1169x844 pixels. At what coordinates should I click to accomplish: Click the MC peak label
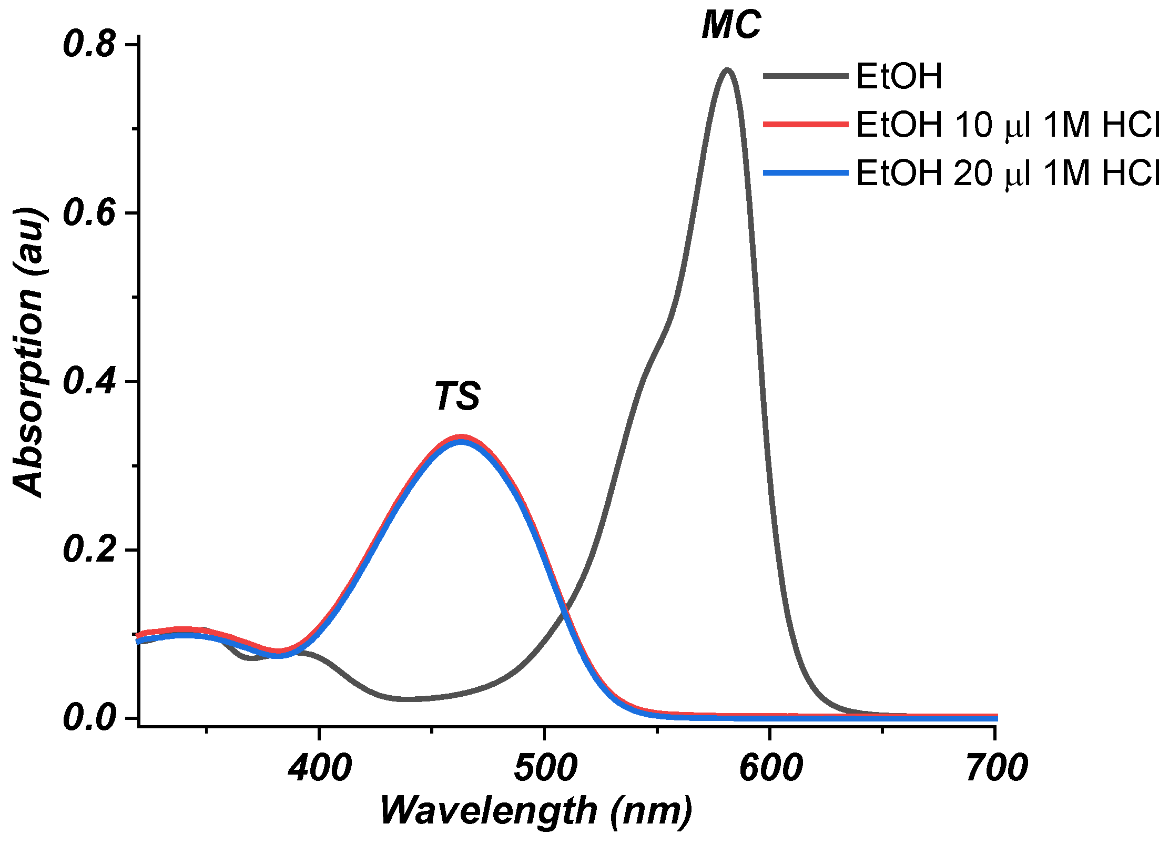731,25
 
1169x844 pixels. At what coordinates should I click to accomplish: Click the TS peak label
456,396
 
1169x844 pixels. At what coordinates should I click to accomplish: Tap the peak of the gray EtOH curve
727,70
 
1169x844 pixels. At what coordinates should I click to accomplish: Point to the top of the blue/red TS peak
461,439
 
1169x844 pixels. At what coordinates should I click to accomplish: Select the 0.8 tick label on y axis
88,44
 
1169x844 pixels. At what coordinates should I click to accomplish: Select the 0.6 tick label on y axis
88,213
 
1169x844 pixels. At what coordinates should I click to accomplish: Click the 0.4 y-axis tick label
88,381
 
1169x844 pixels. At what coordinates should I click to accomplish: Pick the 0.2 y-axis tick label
88,550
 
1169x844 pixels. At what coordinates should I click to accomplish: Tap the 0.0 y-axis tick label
88,718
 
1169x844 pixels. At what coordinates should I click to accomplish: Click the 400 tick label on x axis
319,768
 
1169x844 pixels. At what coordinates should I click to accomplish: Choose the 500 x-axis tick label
545,768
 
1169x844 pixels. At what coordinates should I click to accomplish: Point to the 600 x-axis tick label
770,768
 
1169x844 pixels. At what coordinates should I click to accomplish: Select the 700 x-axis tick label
995,768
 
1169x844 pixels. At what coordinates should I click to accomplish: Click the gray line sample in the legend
806,76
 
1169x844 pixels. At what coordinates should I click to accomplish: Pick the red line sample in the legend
806,125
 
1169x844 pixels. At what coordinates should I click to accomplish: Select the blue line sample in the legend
806,173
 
